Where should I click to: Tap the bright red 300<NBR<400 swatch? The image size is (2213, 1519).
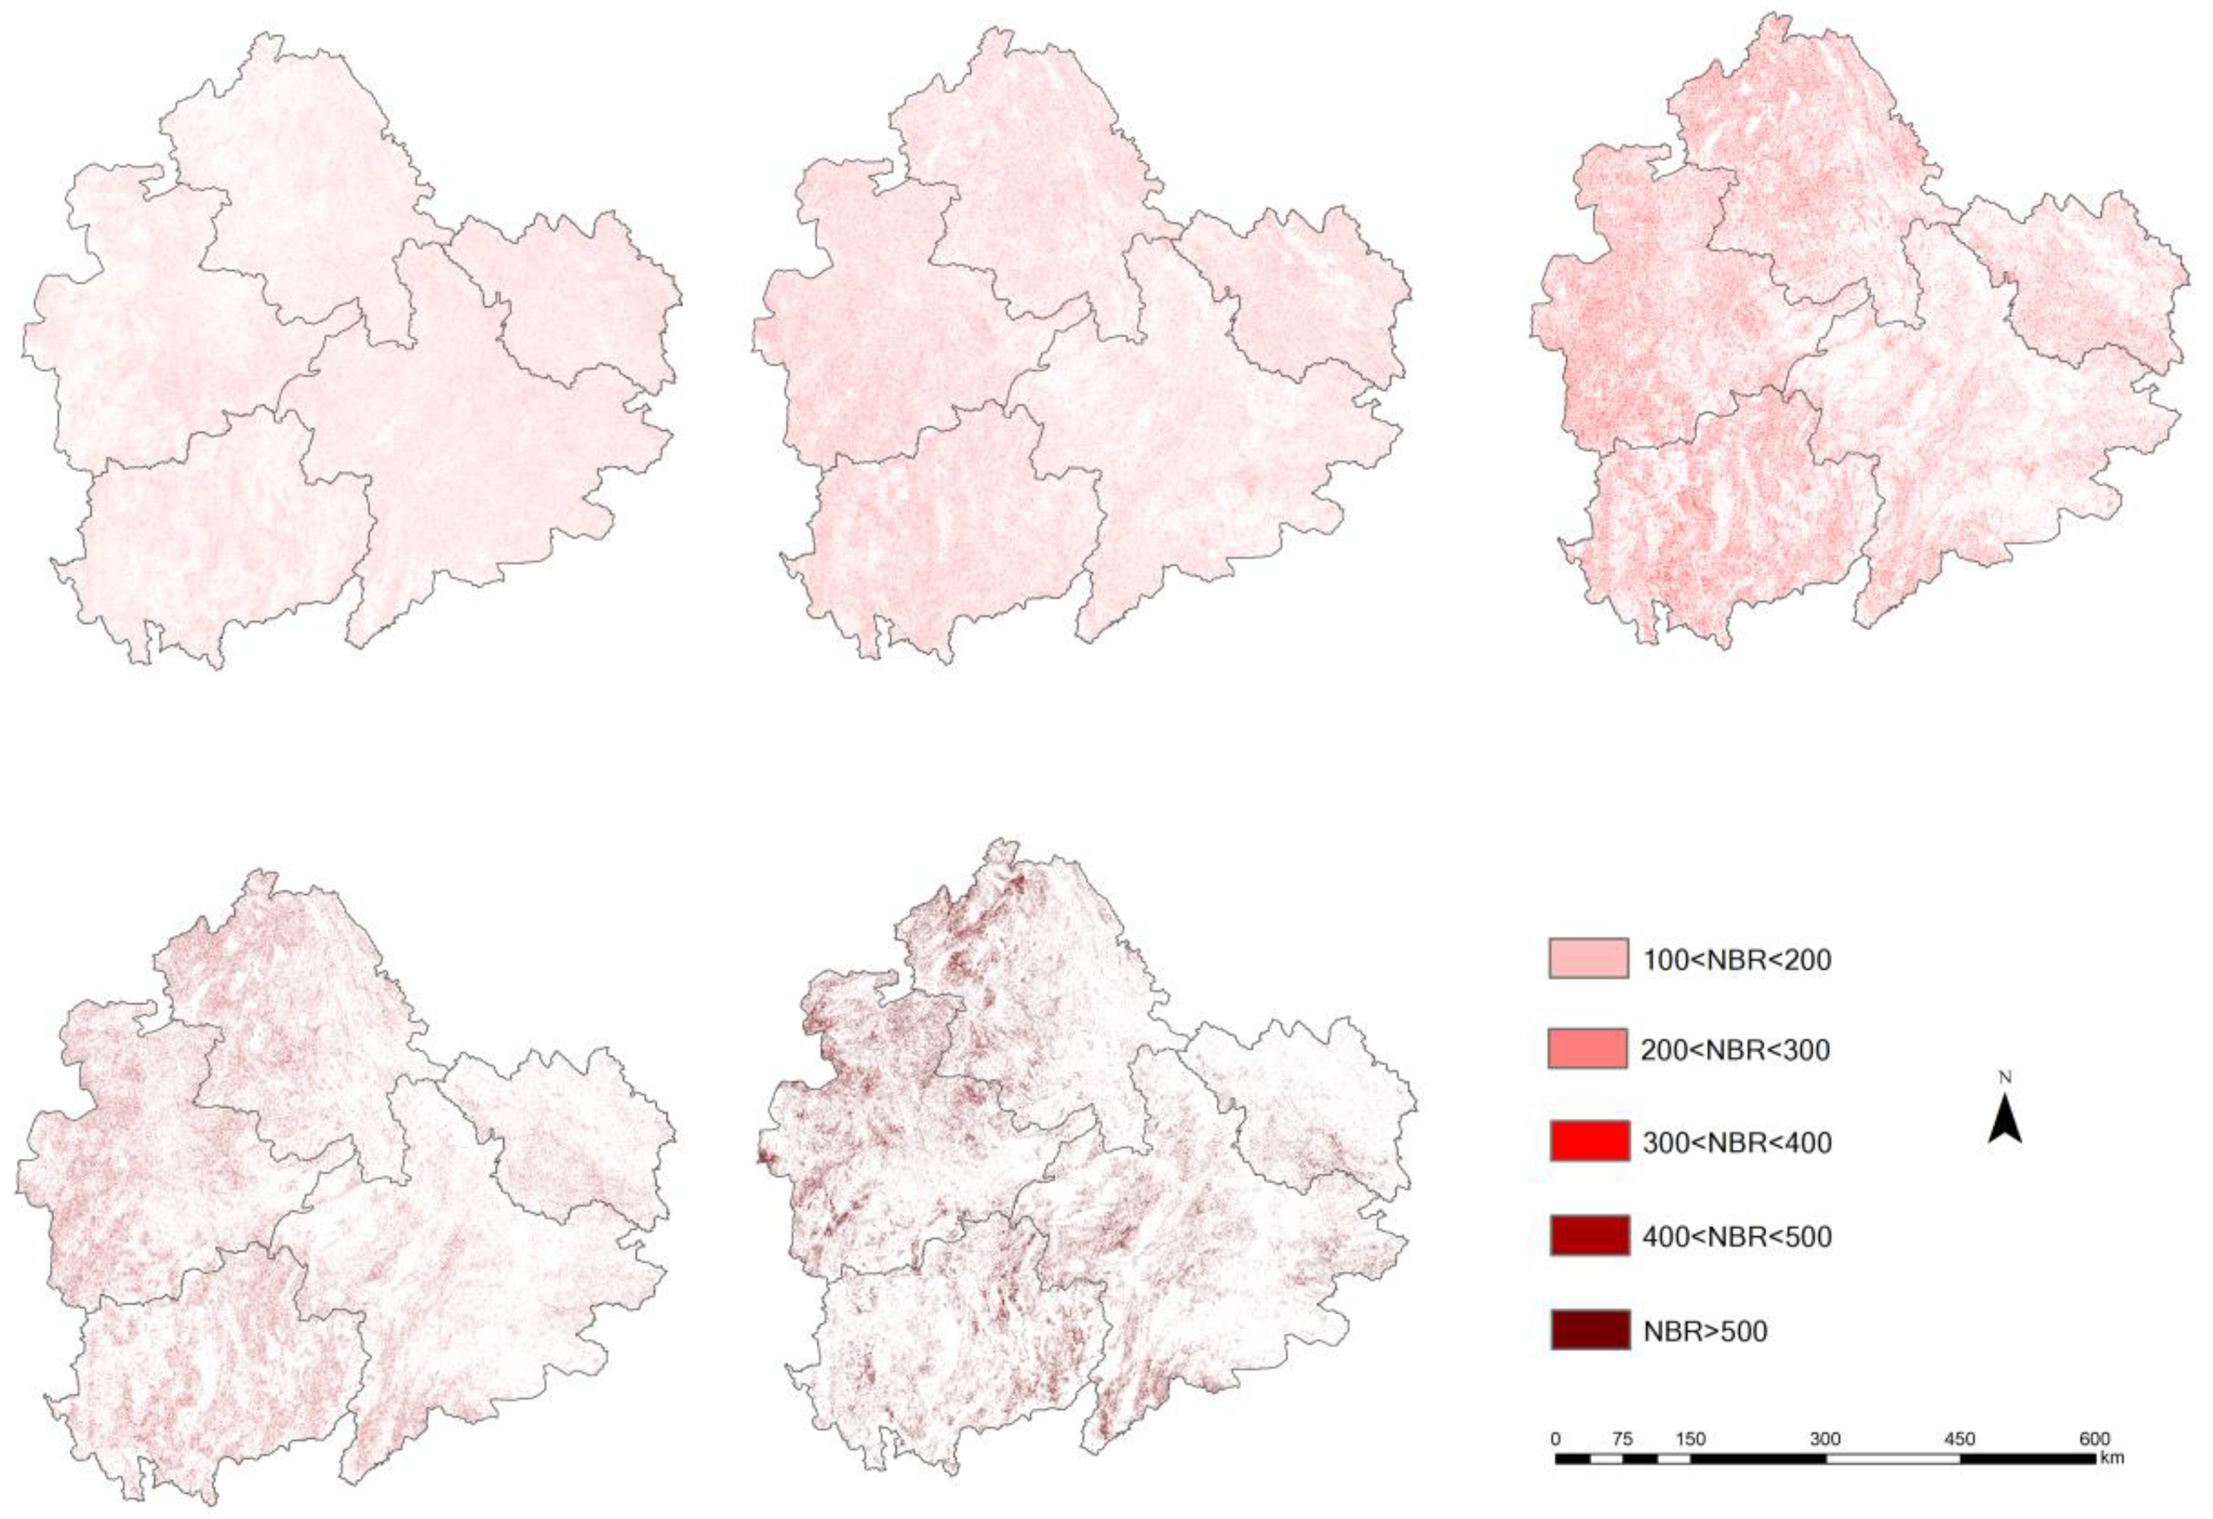pos(1588,1141)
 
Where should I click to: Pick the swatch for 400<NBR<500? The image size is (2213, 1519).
pos(1588,1235)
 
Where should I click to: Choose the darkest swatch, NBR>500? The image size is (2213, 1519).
pos(1588,1330)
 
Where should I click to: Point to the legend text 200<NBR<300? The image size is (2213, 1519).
pos(1735,1050)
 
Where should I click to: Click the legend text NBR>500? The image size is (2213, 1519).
pos(1704,1330)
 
